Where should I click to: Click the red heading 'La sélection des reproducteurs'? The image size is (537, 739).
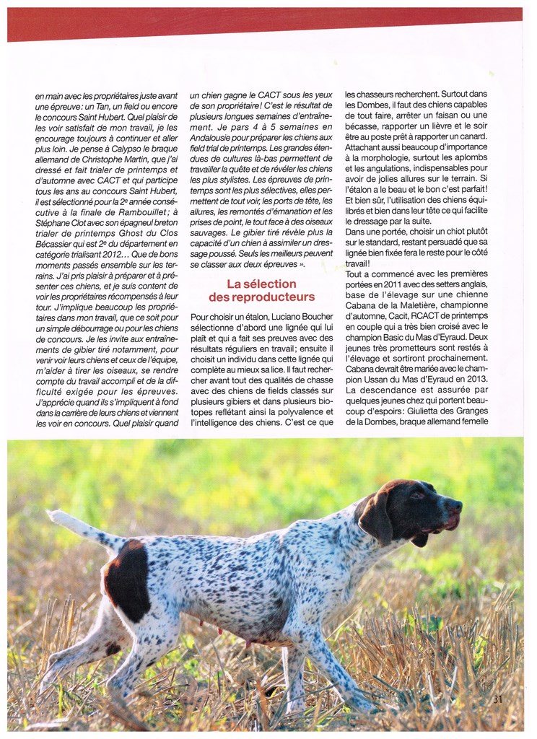tap(261, 290)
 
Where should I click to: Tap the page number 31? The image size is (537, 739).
tap(498, 699)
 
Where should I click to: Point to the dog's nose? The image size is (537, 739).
tap(458, 505)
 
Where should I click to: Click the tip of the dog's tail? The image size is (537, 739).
tap(51, 515)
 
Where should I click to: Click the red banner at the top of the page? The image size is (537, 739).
tap(264, 24)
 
